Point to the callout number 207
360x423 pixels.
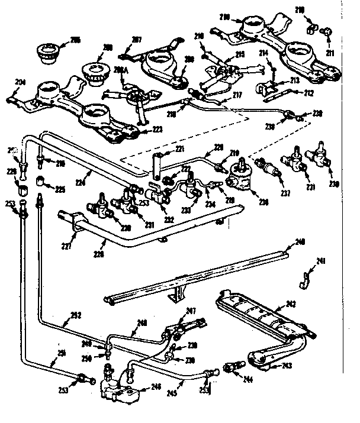(137, 40)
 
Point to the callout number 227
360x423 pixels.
(69, 245)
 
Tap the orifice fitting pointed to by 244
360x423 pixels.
(230, 367)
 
